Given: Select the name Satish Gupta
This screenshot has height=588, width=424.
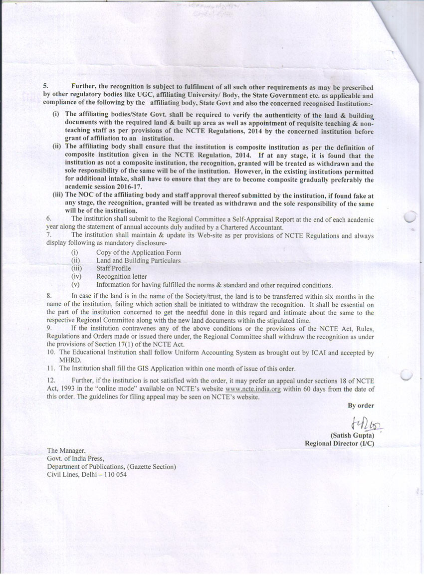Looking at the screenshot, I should pos(352,435).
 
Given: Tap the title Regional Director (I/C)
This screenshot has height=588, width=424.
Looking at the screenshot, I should pos(339,443).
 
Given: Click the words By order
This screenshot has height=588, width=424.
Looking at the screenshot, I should pos(361,405).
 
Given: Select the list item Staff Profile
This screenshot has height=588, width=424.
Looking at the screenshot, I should pos(113,268).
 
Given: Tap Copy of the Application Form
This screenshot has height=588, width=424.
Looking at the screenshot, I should pos(139,253).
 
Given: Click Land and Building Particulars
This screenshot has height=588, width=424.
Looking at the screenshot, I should pos(138,260).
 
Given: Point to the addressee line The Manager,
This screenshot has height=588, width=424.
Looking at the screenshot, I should pos(66,451).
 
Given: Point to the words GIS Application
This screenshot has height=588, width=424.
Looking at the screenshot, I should pos(136,369).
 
